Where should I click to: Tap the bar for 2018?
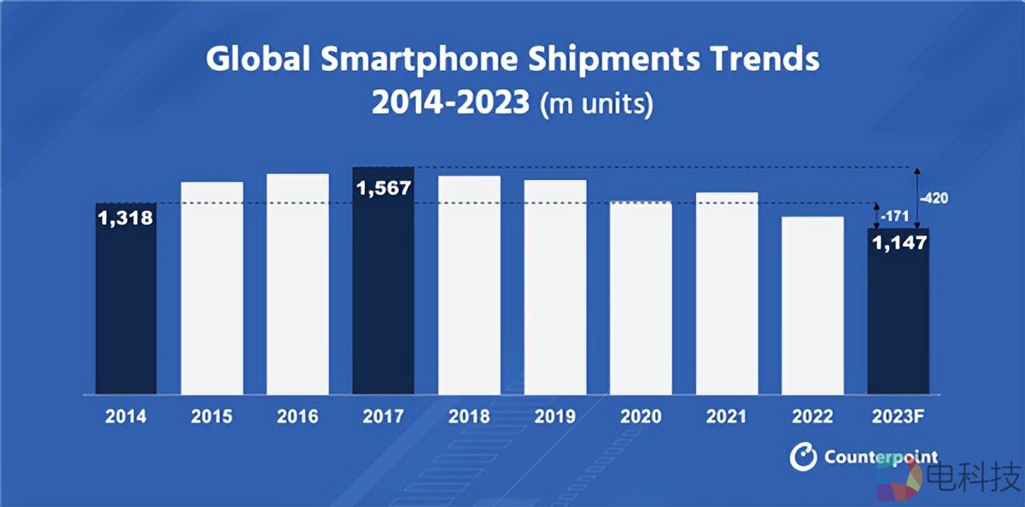tap(469, 285)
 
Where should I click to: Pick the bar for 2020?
tap(641, 298)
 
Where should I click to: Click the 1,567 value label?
tap(384, 189)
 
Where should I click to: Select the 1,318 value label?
tap(126, 219)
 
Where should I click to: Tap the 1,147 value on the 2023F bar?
tap(899, 243)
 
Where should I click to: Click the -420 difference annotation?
tap(934, 198)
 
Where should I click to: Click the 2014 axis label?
tap(126, 417)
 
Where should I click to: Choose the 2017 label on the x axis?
tap(384, 417)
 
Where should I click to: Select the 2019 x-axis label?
tap(555, 417)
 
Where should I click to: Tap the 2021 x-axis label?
tap(727, 417)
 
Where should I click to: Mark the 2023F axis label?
tap(899, 417)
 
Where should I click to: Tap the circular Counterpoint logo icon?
tap(803, 457)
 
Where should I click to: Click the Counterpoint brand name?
tap(880, 457)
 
